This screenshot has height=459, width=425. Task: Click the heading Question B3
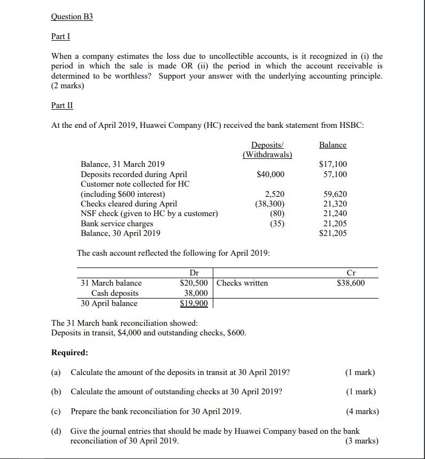[72, 17]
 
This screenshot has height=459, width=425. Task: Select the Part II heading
[62, 105]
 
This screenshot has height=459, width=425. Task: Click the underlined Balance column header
[333, 145]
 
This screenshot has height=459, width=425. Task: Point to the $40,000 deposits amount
[271, 174]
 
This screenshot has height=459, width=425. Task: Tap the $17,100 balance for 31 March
[333, 164]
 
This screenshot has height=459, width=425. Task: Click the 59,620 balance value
[335, 194]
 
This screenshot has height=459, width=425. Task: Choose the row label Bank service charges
[117, 224]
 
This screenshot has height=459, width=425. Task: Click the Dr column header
[195, 273]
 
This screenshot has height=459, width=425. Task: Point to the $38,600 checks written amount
[351, 282]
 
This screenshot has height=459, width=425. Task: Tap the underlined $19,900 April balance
[194, 303]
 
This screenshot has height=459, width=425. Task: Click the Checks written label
[242, 282]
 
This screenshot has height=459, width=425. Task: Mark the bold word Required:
[69, 353]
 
